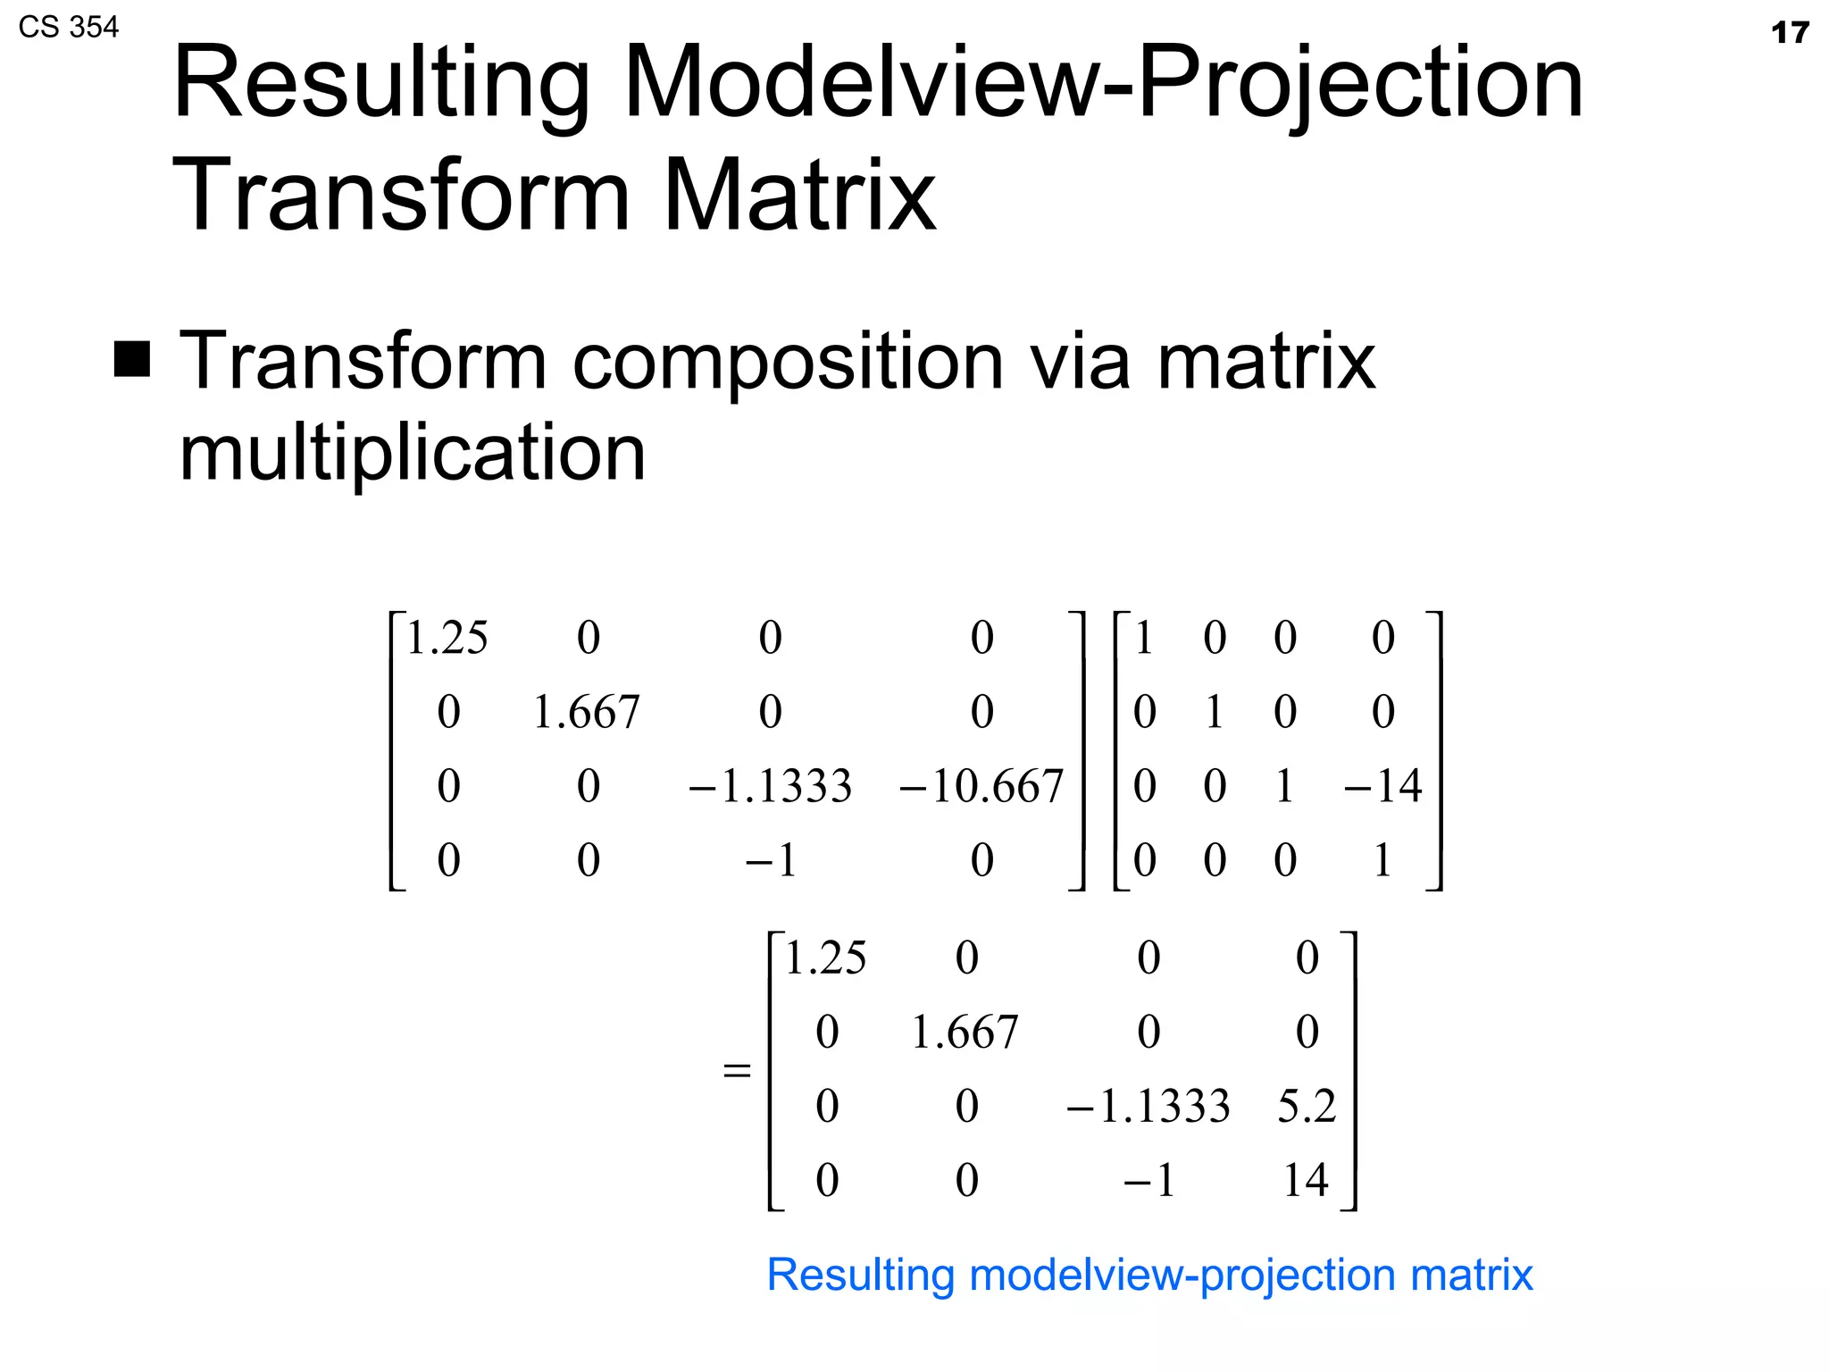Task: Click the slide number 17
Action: pyautogui.click(x=1789, y=33)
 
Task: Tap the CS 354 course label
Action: pyautogui.click(x=68, y=27)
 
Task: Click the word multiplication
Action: pyautogui.click(x=412, y=453)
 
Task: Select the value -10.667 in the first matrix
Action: pyautogui.click(x=981, y=786)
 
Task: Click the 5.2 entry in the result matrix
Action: pyautogui.click(x=1307, y=1106)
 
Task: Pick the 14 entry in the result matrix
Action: pyautogui.click(x=1306, y=1180)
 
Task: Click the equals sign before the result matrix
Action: pyautogui.click(x=736, y=1069)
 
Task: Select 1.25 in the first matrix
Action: pyautogui.click(x=447, y=638)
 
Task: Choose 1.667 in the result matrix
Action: pyautogui.click(x=965, y=1032)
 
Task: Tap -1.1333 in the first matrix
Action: pyautogui.click(x=770, y=786)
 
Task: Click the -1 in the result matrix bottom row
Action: pyautogui.click(x=1148, y=1180)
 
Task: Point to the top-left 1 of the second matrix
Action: pyautogui.click(x=1144, y=638)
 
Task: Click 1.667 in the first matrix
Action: pyautogui.click(x=587, y=712)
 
